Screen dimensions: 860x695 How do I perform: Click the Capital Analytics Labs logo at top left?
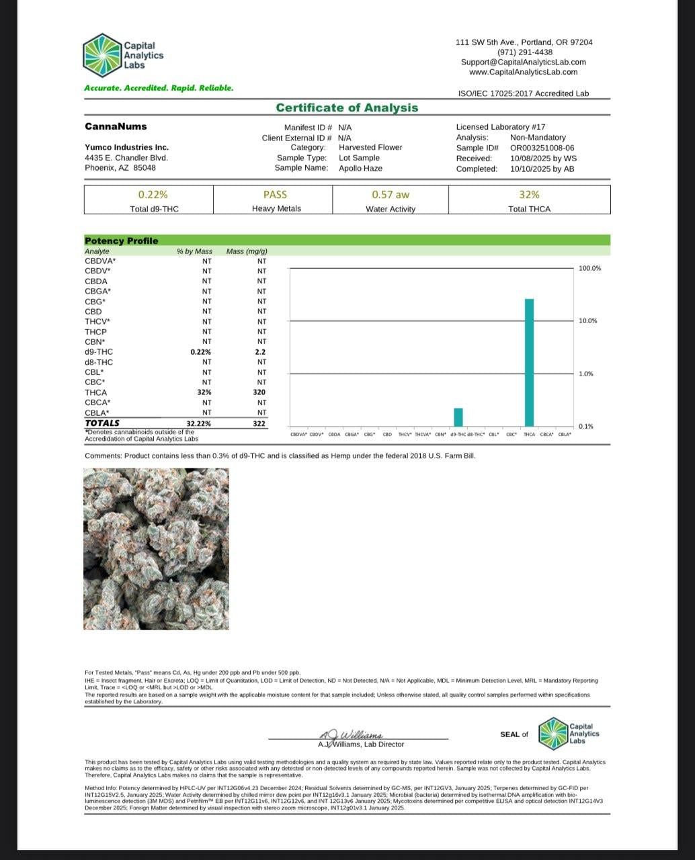pos(123,55)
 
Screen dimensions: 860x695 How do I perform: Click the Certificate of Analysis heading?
pos(347,108)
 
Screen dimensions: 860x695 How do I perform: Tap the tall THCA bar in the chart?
pos(529,362)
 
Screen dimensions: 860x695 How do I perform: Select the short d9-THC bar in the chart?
pos(458,417)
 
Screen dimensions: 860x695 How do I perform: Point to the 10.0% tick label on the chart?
pos(587,321)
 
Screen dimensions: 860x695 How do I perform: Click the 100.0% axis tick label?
pos(589,269)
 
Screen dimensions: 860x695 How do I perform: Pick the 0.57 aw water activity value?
pos(391,194)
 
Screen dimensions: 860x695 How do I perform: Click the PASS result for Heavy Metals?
pos(275,194)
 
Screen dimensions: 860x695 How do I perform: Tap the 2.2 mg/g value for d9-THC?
pos(261,352)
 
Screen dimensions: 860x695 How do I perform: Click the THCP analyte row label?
pos(95,332)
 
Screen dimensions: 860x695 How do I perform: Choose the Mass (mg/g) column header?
pos(247,251)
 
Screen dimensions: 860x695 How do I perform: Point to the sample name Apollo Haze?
pos(360,168)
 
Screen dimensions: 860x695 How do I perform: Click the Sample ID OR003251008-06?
pos(542,148)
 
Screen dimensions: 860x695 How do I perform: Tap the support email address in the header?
pos(523,62)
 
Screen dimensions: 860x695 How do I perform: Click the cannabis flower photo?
pos(157,549)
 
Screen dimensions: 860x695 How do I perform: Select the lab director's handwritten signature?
pos(350,734)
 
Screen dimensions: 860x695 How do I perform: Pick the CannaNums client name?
pos(116,126)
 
